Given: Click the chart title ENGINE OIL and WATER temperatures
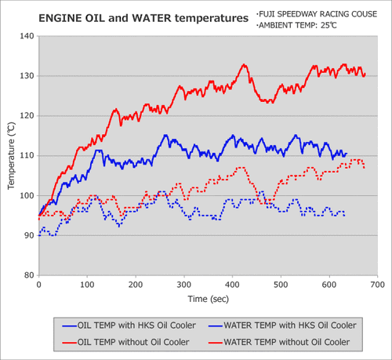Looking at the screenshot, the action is click(x=143, y=18).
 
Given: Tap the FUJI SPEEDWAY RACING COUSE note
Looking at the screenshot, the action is click(x=317, y=14).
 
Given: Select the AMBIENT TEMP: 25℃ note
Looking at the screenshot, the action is click(x=296, y=25).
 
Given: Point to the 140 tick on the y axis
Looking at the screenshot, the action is click(x=27, y=36).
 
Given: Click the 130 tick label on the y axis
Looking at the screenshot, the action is click(x=27, y=76).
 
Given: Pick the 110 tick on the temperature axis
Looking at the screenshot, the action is click(x=27, y=155).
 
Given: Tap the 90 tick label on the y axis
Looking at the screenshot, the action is click(x=29, y=235).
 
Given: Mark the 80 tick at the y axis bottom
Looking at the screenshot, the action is click(x=29, y=275).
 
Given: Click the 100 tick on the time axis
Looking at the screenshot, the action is click(x=87, y=285).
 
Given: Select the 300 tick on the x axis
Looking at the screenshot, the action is click(x=184, y=285).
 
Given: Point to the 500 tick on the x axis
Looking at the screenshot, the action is click(x=281, y=285).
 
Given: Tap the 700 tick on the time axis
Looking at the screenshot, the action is click(x=377, y=285).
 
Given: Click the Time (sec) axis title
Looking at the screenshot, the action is click(x=209, y=299).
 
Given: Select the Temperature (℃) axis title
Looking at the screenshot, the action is click(x=11, y=156).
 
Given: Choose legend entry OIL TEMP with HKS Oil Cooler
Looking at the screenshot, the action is click(x=129, y=325).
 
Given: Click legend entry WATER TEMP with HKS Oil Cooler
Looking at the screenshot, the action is click(x=282, y=325).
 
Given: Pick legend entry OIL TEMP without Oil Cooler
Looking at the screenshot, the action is click(x=125, y=342).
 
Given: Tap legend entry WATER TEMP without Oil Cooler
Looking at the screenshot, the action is click(x=279, y=342).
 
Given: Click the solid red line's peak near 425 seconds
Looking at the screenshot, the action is click(x=244, y=64).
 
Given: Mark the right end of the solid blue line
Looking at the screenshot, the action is click(x=347, y=154).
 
